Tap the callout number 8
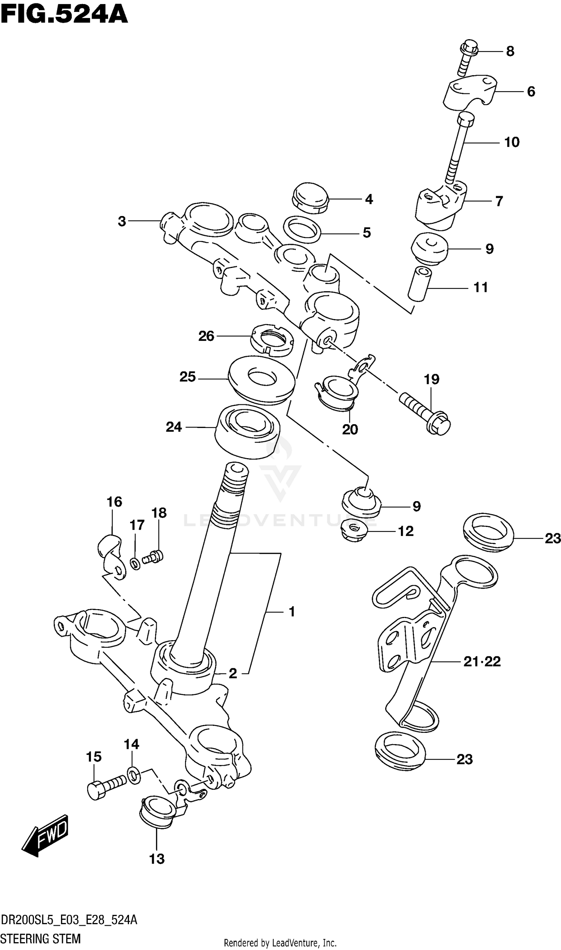[x=510, y=51]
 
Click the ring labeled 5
[x=302, y=229]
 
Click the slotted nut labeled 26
[x=272, y=340]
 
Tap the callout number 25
[x=187, y=377]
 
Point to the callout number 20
[x=350, y=429]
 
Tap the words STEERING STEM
[x=41, y=938]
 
